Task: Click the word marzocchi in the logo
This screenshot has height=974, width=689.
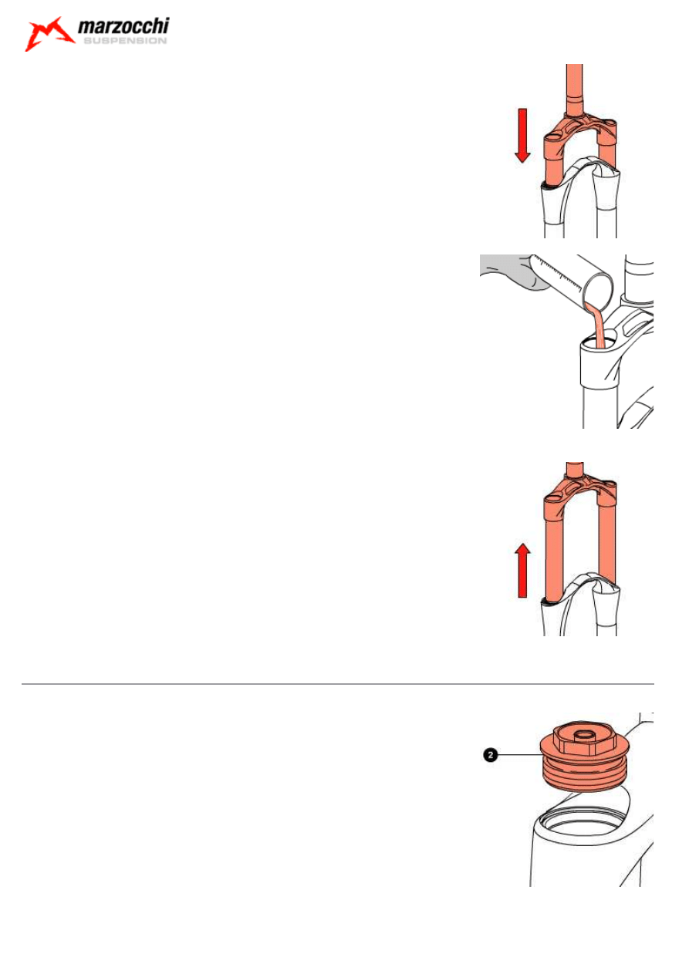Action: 123,26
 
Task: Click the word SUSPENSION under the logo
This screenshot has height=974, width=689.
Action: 125,41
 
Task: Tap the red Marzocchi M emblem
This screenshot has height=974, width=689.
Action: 49,34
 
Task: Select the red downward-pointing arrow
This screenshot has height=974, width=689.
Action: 522,136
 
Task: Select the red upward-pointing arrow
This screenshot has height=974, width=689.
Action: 522,570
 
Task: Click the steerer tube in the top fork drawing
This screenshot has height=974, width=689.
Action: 574,89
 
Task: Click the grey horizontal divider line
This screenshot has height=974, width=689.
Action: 337,684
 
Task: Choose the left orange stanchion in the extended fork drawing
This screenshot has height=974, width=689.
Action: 554,552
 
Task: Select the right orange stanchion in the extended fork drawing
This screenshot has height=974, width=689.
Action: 606,544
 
